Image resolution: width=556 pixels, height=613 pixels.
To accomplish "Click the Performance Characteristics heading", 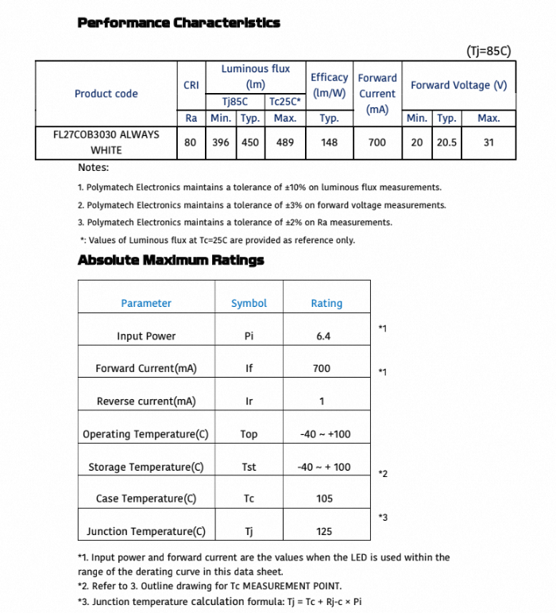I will point(179,22).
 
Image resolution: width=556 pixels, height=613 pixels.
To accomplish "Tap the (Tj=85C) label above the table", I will point(488,52).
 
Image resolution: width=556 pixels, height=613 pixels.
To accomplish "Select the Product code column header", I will point(106,93).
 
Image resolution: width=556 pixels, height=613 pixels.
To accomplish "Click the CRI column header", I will point(191,85).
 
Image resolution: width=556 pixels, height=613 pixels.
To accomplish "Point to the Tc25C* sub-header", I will point(284,102).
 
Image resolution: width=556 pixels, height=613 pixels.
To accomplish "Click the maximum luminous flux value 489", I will point(284,142).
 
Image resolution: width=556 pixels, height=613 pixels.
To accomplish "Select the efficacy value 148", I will point(329,142).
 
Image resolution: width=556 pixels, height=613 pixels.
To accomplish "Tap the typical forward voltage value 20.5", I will point(446,142).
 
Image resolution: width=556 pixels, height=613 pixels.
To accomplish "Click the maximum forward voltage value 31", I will point(488,142).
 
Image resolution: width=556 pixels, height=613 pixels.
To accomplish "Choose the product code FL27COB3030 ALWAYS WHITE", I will point(106,142).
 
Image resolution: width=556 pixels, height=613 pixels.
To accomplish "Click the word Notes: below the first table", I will point(94,168).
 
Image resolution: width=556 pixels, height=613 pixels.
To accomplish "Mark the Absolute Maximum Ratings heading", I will point(171,260).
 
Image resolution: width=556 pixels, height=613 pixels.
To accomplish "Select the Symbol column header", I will point(249,303).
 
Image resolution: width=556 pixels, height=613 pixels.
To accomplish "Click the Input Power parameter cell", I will point(146,336).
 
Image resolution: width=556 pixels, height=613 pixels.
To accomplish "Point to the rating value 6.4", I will point(322,336).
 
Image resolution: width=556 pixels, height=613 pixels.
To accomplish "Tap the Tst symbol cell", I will point(249,467).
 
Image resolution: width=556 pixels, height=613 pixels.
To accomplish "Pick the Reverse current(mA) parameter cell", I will point(146,402).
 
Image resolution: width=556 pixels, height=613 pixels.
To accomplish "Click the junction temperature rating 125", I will point(323,531).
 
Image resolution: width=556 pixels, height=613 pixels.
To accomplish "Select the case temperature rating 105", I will point(323,499).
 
